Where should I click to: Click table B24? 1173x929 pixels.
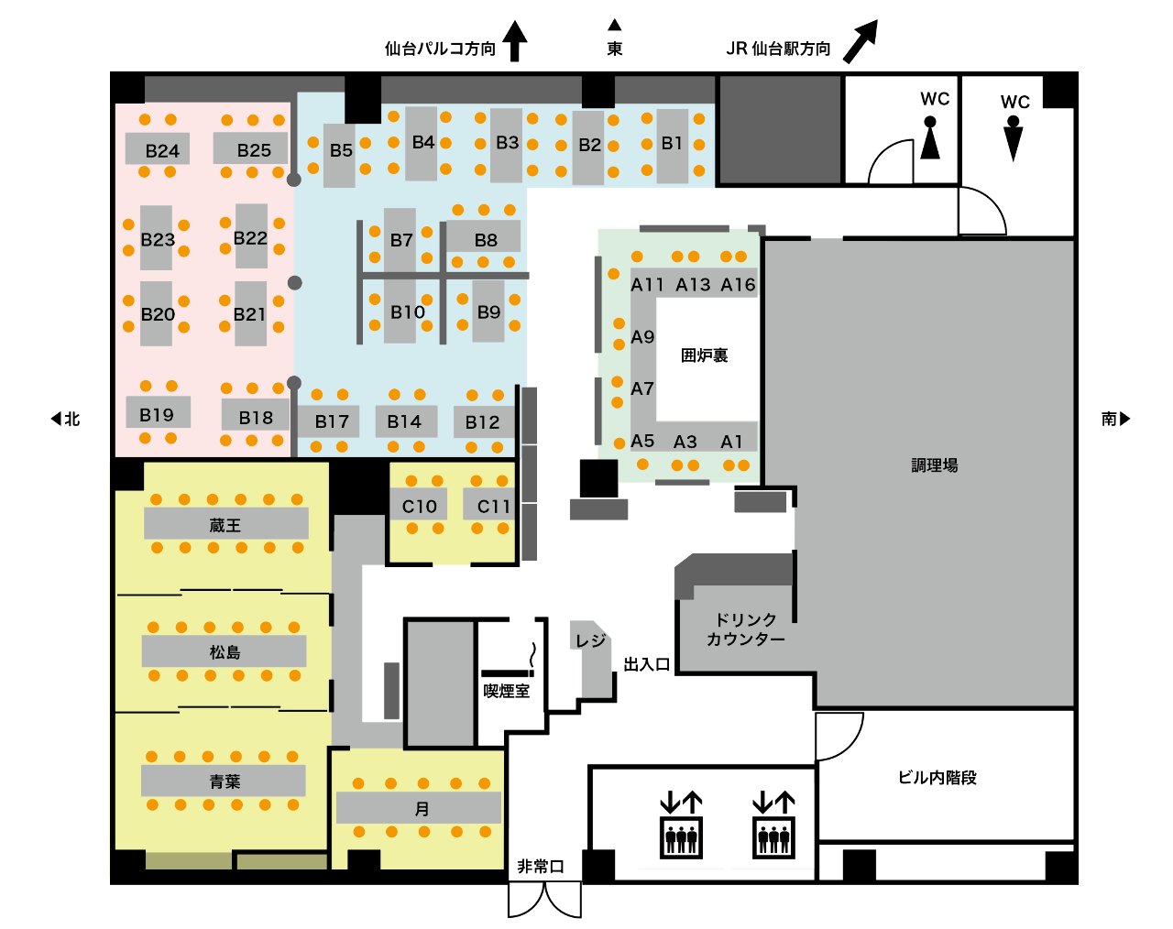point(158,148)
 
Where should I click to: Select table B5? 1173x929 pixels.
point(339,155)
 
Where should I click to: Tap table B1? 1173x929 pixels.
point(672,146)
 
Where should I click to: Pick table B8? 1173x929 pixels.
point(484,236)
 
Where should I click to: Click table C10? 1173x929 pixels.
point(419,504)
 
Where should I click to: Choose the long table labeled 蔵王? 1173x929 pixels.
point(226,523)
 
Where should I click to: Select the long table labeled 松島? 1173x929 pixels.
point(224,650)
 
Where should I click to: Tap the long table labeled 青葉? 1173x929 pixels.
point(224,781)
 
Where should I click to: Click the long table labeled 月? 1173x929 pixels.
point(419,807)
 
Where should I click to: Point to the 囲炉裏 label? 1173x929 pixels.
point(704,355)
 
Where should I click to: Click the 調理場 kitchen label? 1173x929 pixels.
point(934,465)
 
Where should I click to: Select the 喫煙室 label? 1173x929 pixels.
point(507,691)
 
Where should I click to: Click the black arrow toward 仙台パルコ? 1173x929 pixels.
point(514,41)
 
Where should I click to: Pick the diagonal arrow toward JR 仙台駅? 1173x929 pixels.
point(861,41)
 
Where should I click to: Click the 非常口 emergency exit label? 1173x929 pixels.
point(540,867)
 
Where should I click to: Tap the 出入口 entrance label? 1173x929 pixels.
point(646,664)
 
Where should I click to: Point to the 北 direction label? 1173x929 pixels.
point(72,419)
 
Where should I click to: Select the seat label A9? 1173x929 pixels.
point(642,337)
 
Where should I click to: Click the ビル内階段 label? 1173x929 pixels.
point(937,778)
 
